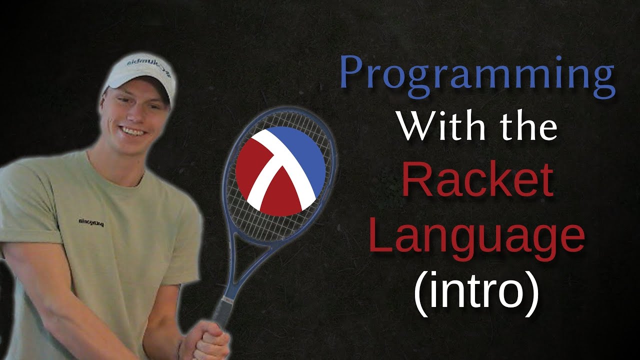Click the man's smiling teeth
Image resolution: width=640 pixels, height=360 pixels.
pos(132,131)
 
